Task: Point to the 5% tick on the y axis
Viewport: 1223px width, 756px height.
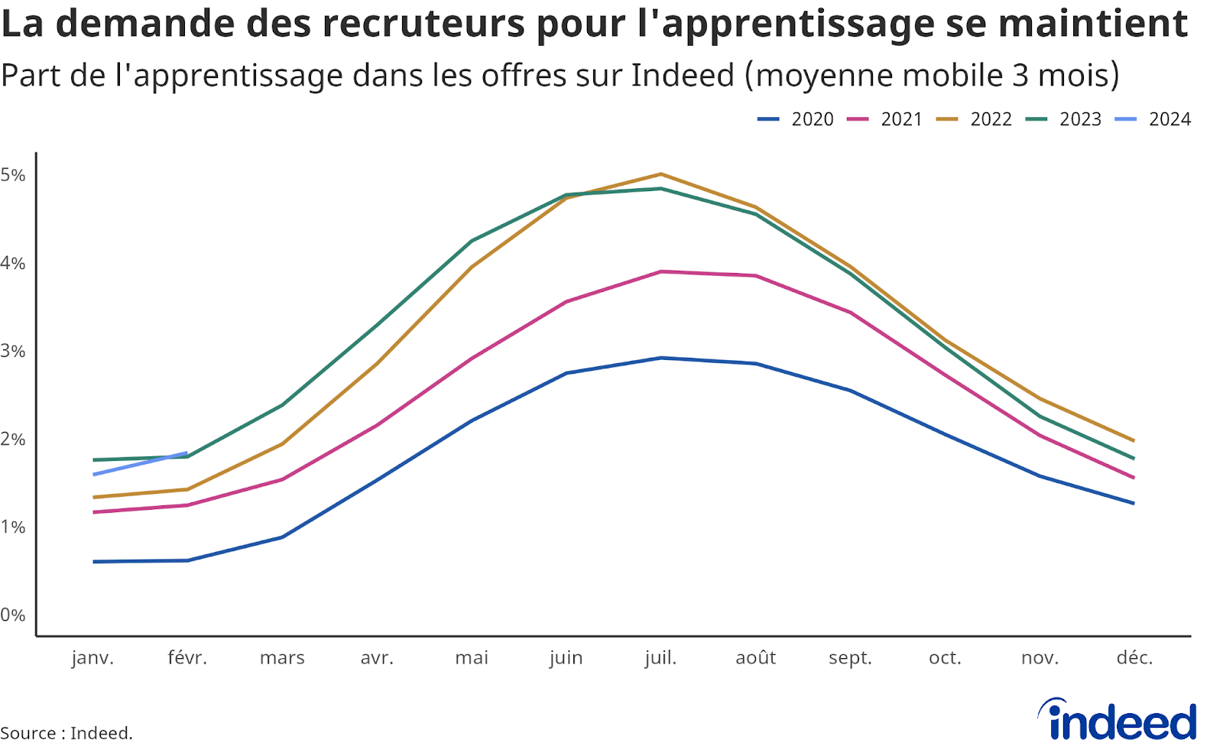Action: pyautogui.click(x=13, y=175)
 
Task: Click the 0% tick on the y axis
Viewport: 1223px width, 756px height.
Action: pyautogui.click(x=13, y=615)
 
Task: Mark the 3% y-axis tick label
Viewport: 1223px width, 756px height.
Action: pyautogui.click(x=13, y=351)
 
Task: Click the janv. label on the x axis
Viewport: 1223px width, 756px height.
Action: pyautogui.click(x=92, y=658)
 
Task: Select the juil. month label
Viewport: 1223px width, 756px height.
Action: pyautogui.click(x=660, y=658)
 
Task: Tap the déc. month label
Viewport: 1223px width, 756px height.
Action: pyautogui.click(x=1134, y=658)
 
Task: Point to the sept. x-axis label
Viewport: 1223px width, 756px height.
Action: pyautogui.click(x=850, y=658)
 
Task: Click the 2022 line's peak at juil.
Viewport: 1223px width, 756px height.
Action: pyautogui.click(x=660, y=174)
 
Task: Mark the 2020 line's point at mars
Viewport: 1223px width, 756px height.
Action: pyautogui.click(x=282, y=537)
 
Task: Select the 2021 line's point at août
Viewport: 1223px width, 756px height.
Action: pyautogui.click(x=756, y=276)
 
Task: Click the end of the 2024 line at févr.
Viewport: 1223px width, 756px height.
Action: pyautogui.click(x=187, y=453)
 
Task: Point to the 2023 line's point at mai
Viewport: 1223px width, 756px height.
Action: pyautogui.click(x=472, y=241)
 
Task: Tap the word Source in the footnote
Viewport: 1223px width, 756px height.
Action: pyautogui.click(x=28, y=733)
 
